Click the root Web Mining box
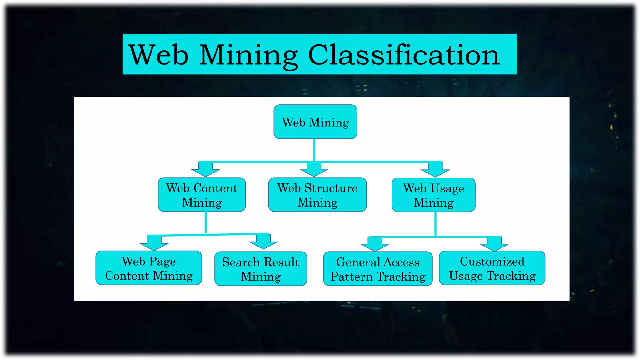point(315,122)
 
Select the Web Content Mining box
point(202,195)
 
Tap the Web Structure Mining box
point(317,195)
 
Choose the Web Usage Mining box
point(434,195)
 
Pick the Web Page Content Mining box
point(149,268)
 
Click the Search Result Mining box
point(261,269)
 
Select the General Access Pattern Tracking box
point(378,269)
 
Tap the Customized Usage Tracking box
point(492,268)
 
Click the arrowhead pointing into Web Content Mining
point(206,170)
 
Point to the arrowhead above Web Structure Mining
point(314,170)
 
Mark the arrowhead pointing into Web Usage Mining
point(435,171)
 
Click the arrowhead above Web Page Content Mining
point(154,244)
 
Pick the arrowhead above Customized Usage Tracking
point(494,245)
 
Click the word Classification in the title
point(404,55)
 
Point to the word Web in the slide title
point(158,55)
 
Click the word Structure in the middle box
point(331,188)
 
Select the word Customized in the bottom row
point(492,261)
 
